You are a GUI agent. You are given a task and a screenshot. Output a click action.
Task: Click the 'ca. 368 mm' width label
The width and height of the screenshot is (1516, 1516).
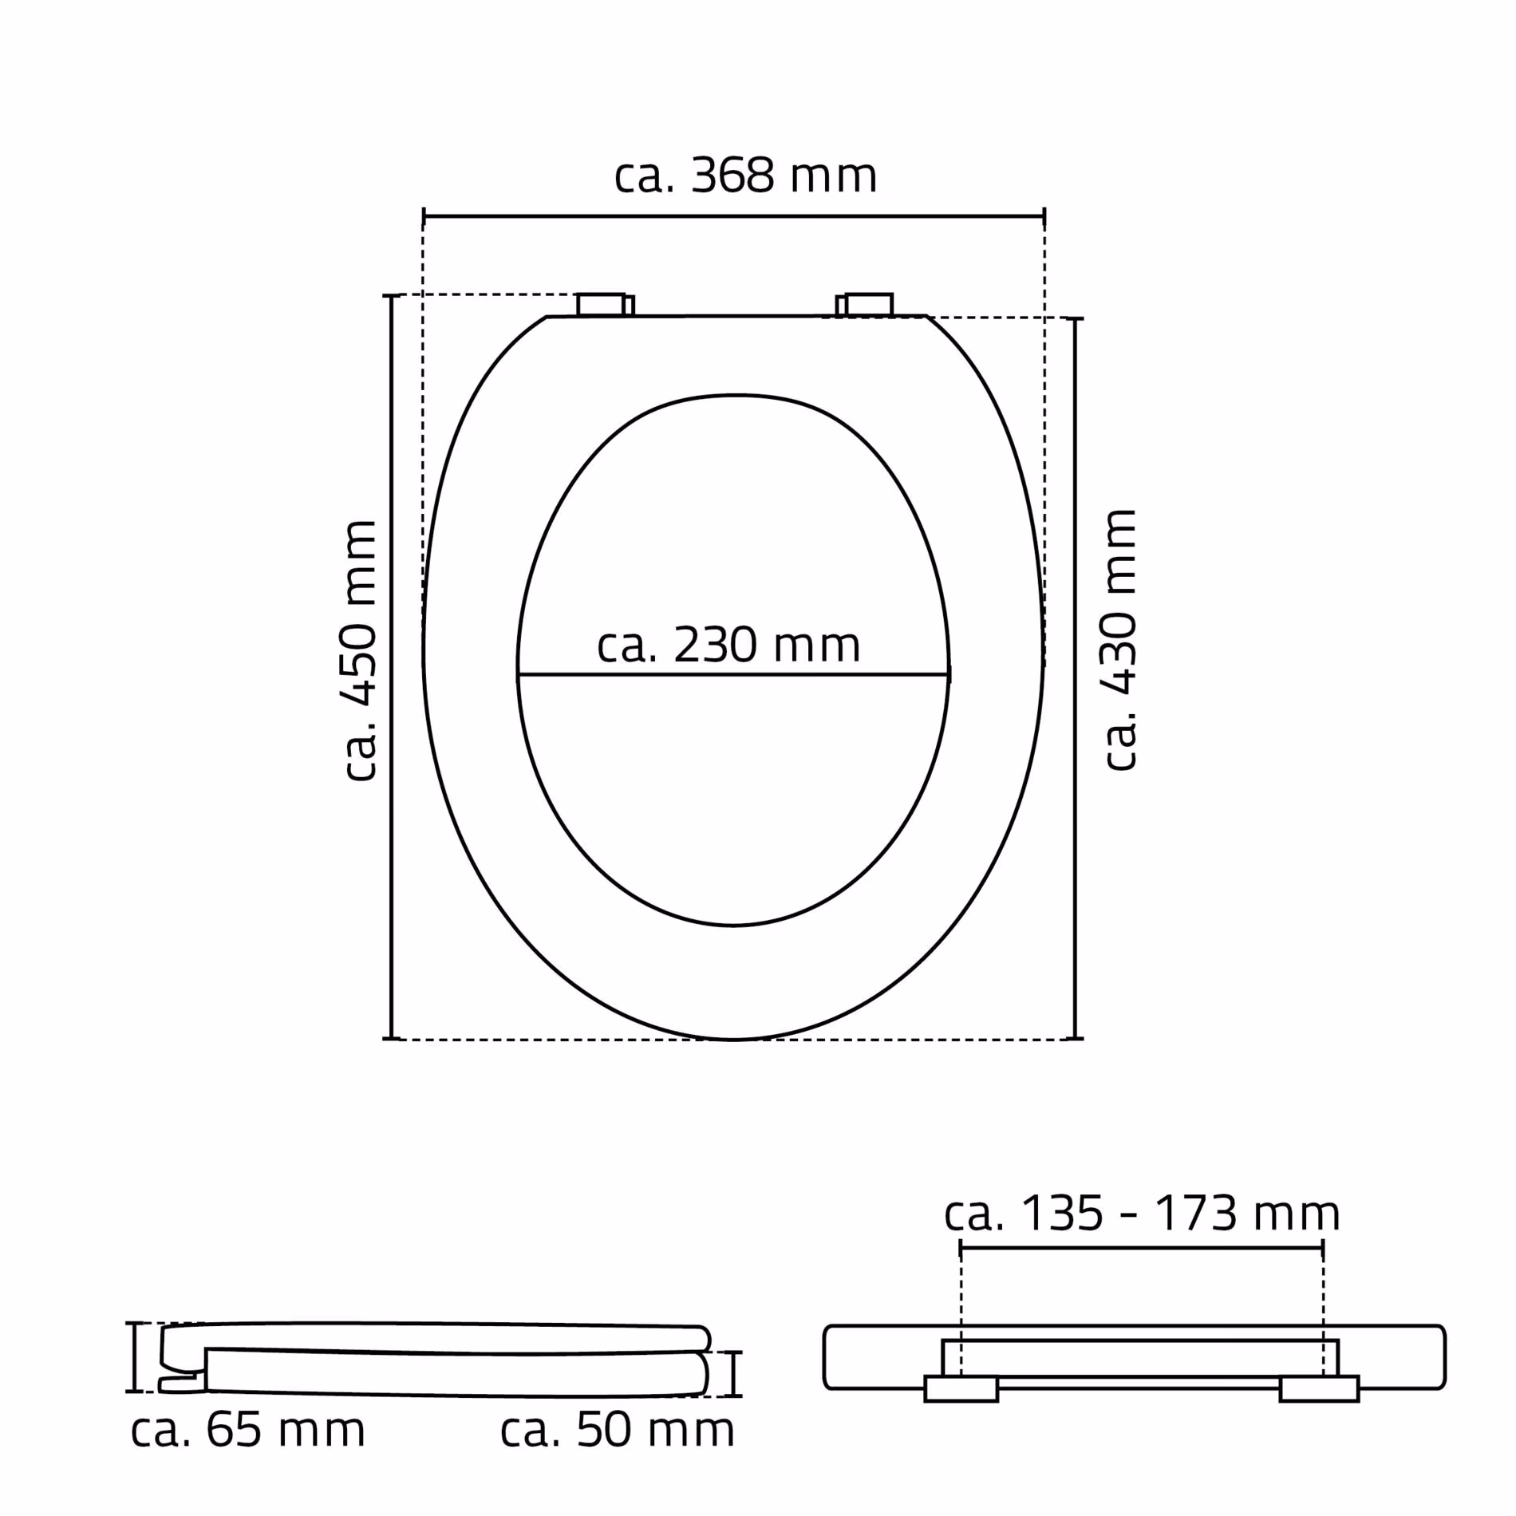click(744, 176)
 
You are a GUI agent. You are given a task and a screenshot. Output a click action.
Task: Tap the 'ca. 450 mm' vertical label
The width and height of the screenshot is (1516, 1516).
click(359, 649)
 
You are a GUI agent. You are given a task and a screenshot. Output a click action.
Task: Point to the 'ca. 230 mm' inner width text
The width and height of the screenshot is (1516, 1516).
click(728, 645)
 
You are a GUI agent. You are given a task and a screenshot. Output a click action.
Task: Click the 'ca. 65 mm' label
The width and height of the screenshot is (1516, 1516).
click(247, 1430)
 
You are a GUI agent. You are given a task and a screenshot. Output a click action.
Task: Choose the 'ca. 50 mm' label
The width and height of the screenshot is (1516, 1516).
click(617, 1430)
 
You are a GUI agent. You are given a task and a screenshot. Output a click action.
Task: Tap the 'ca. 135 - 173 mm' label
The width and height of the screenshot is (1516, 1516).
click(1141, 1214)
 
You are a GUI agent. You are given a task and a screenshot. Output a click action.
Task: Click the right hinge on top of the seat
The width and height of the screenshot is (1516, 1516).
click(865, 305)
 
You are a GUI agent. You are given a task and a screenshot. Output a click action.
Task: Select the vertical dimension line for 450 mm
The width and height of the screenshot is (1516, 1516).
click(392, 666)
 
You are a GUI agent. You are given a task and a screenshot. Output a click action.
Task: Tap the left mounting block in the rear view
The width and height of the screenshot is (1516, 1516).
click(961, 1388)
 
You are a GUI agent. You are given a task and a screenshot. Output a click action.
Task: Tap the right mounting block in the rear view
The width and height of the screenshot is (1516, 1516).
click(1319, 1388)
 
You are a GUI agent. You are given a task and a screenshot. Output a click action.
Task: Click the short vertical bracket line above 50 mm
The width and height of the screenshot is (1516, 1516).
click(735, 1374)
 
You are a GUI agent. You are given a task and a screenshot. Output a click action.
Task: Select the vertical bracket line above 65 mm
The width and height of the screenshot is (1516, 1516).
click(134, 1357)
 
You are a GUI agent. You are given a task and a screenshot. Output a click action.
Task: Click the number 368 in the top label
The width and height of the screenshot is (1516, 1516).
click(732, 176)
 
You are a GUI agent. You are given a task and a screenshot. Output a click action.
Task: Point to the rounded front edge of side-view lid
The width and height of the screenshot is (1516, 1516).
click(705, 1338)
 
